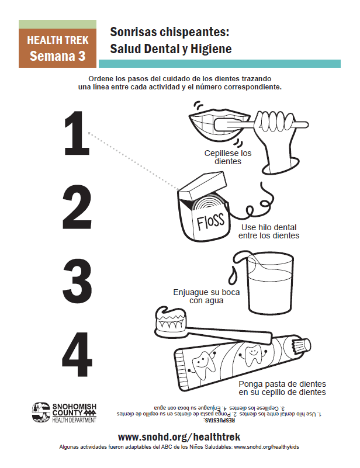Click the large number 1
pyautogui.click(x=76, y=134)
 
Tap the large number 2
pyautogui.click(x=77, y=207)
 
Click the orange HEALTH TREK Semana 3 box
pyautogui.click(x=57, y=48)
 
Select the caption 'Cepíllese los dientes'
pyautogui.click(x=227, y=157)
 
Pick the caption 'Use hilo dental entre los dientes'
pyautogui.click(x=268, y=231)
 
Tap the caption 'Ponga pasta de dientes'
pyautogui.click(x=282, y=388)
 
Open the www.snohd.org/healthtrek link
pyautogui.click(x=179, y=436)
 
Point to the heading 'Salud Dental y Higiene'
pyautogui.click(x=171, y=49)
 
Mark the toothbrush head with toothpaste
pyautogui.click(x=171, y=321)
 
